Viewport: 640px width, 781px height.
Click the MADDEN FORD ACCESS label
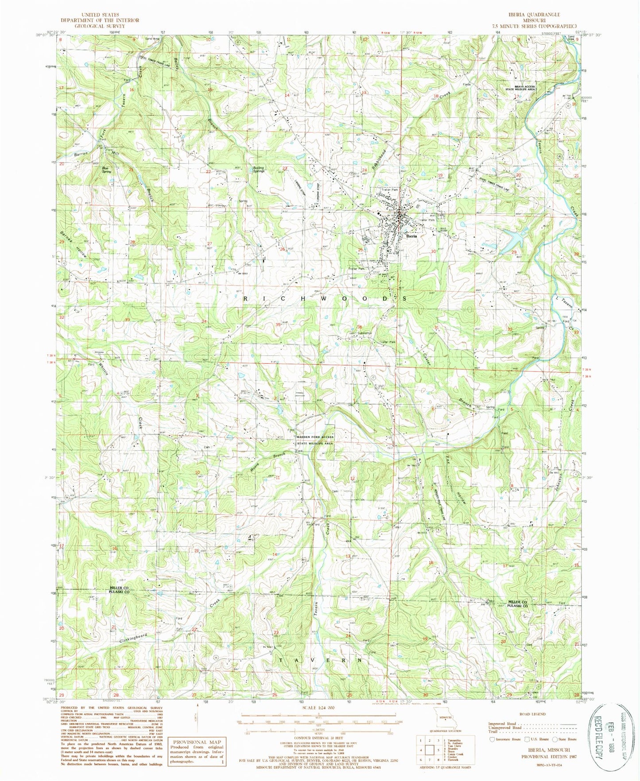315,437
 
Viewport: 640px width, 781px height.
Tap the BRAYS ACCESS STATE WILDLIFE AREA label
524,88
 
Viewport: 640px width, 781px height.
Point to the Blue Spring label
106,170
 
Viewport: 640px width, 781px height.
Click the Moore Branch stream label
267,462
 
